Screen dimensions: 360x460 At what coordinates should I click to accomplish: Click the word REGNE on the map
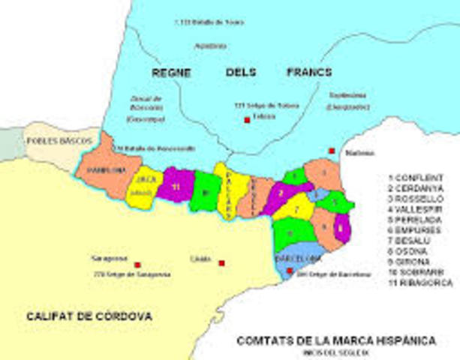pyautogui.click(x=171, y=73)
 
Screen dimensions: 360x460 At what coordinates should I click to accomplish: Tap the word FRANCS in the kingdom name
pyautogui.click(x=308, y=73)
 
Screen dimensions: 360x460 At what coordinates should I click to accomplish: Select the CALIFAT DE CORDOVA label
pyautogui.click(x=89, y=316)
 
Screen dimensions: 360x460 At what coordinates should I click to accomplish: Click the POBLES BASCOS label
pyautogui.click(x=52, y=140)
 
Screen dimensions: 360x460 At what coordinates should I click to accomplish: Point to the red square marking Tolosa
pyautogui.click(x=245, y=120)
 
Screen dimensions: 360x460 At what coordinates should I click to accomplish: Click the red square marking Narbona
pyautogui.click(x=332, y=151)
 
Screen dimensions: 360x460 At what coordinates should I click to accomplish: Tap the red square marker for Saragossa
pyautogui.click(x=137, y=265)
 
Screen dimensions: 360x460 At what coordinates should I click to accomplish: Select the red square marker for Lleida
pyautogui.click(x=222, y=263)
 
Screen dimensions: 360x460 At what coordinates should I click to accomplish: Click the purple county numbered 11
pyautogui.click(x=175, y=187)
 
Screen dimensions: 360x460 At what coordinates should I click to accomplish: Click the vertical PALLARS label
pyautogui.click(x=230, y=184)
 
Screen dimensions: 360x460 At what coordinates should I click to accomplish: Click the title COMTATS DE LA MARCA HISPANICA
pyautogui.click(x=335, y=340)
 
